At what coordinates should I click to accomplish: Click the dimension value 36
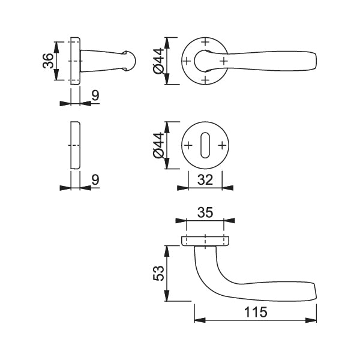pos(48,61)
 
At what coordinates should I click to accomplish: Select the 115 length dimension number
pos(256,312)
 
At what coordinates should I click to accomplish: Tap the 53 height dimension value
pos(158,273)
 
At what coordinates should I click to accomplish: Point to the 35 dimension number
pos(205,212)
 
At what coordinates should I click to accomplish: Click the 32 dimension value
pos(205,180)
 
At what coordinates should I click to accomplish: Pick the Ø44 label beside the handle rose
pos(158,61)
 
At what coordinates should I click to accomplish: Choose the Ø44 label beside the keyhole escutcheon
pos(158,145)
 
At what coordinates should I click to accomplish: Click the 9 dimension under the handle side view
pos(95,95)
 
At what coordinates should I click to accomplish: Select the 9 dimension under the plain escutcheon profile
pos(95,180)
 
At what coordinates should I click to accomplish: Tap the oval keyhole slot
pos(205,145)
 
